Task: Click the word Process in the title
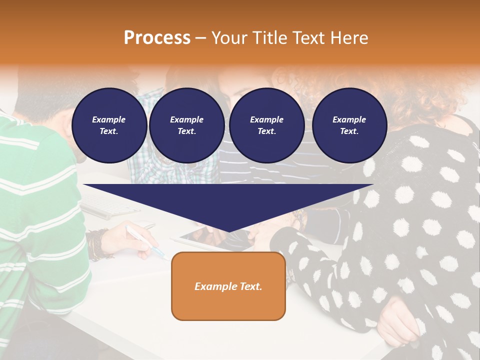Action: [x=157, y=38]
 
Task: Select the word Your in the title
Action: [x=228, y=38]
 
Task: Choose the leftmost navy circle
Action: [x=109, y=125]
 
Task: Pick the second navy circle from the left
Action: [x=186, y=125]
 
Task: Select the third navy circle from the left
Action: [x=266, y=125]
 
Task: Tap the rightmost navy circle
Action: [x=349, y=125]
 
